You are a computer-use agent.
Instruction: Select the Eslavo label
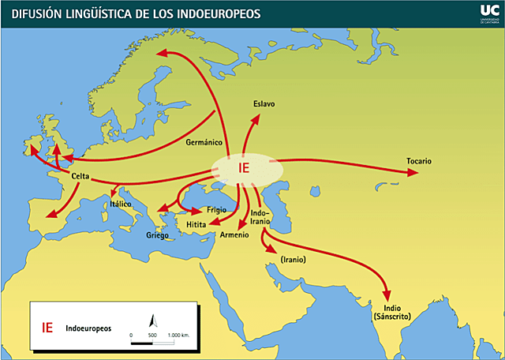tap(264, 104)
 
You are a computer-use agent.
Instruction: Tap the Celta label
tap(84, 176)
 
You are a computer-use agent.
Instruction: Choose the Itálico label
tap(121, 204)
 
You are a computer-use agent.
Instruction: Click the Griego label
tap(159, 235)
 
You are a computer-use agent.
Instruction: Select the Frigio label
tap(216, 209)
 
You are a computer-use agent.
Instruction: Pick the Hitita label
tap(196, 225)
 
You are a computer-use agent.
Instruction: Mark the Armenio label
tap(234, 235)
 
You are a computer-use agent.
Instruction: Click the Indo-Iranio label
tap(260, 218)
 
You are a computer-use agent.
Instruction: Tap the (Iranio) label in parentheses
tap(293, 259)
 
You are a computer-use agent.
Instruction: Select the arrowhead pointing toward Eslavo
tap(256, 118)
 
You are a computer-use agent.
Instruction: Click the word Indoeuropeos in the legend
tap(88, 327)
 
